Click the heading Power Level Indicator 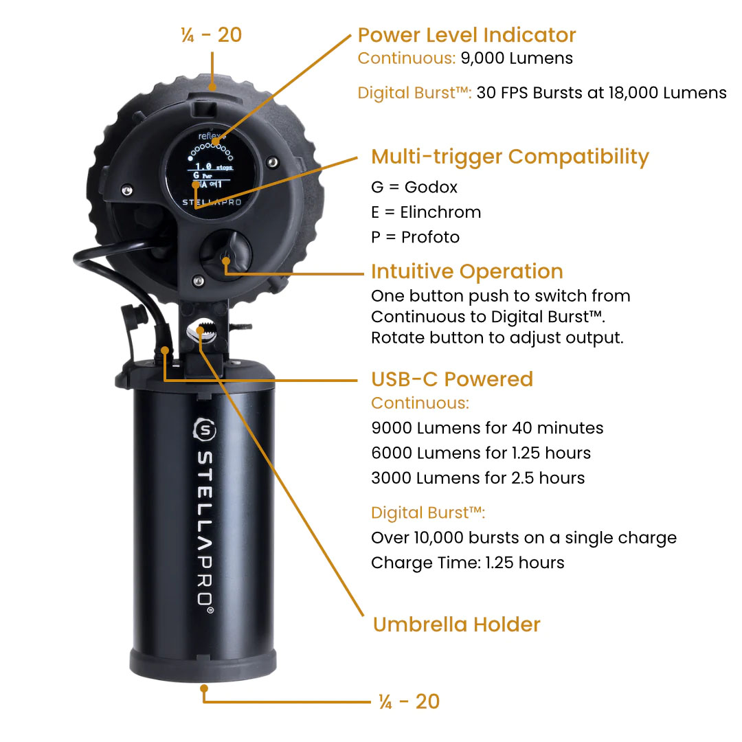pos(466,35)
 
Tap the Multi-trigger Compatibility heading pos(510,157)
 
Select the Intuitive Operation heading pos(466,271)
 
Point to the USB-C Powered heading pos(451,379)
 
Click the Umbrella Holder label pos(456,625)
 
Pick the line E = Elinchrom pos(426,212)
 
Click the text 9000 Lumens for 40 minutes pos(486,428)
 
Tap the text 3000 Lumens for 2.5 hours pos(477,478)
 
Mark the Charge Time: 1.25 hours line pos(467,563)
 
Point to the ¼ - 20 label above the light pos(212,35)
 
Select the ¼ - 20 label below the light pos(409,701)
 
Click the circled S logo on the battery pos(205,430)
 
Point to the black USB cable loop pos(110,258)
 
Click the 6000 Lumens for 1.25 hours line pos(480,453)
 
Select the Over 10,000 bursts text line pos(524,538)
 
